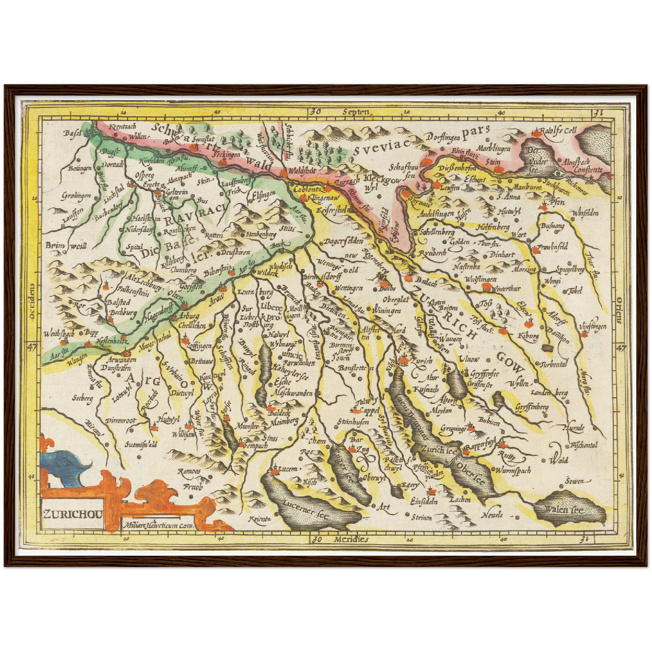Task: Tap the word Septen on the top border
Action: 356,112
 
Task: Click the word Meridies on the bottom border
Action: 351,539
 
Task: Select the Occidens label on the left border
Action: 31,301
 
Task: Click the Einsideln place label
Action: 424,501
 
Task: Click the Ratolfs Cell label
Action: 559,131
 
